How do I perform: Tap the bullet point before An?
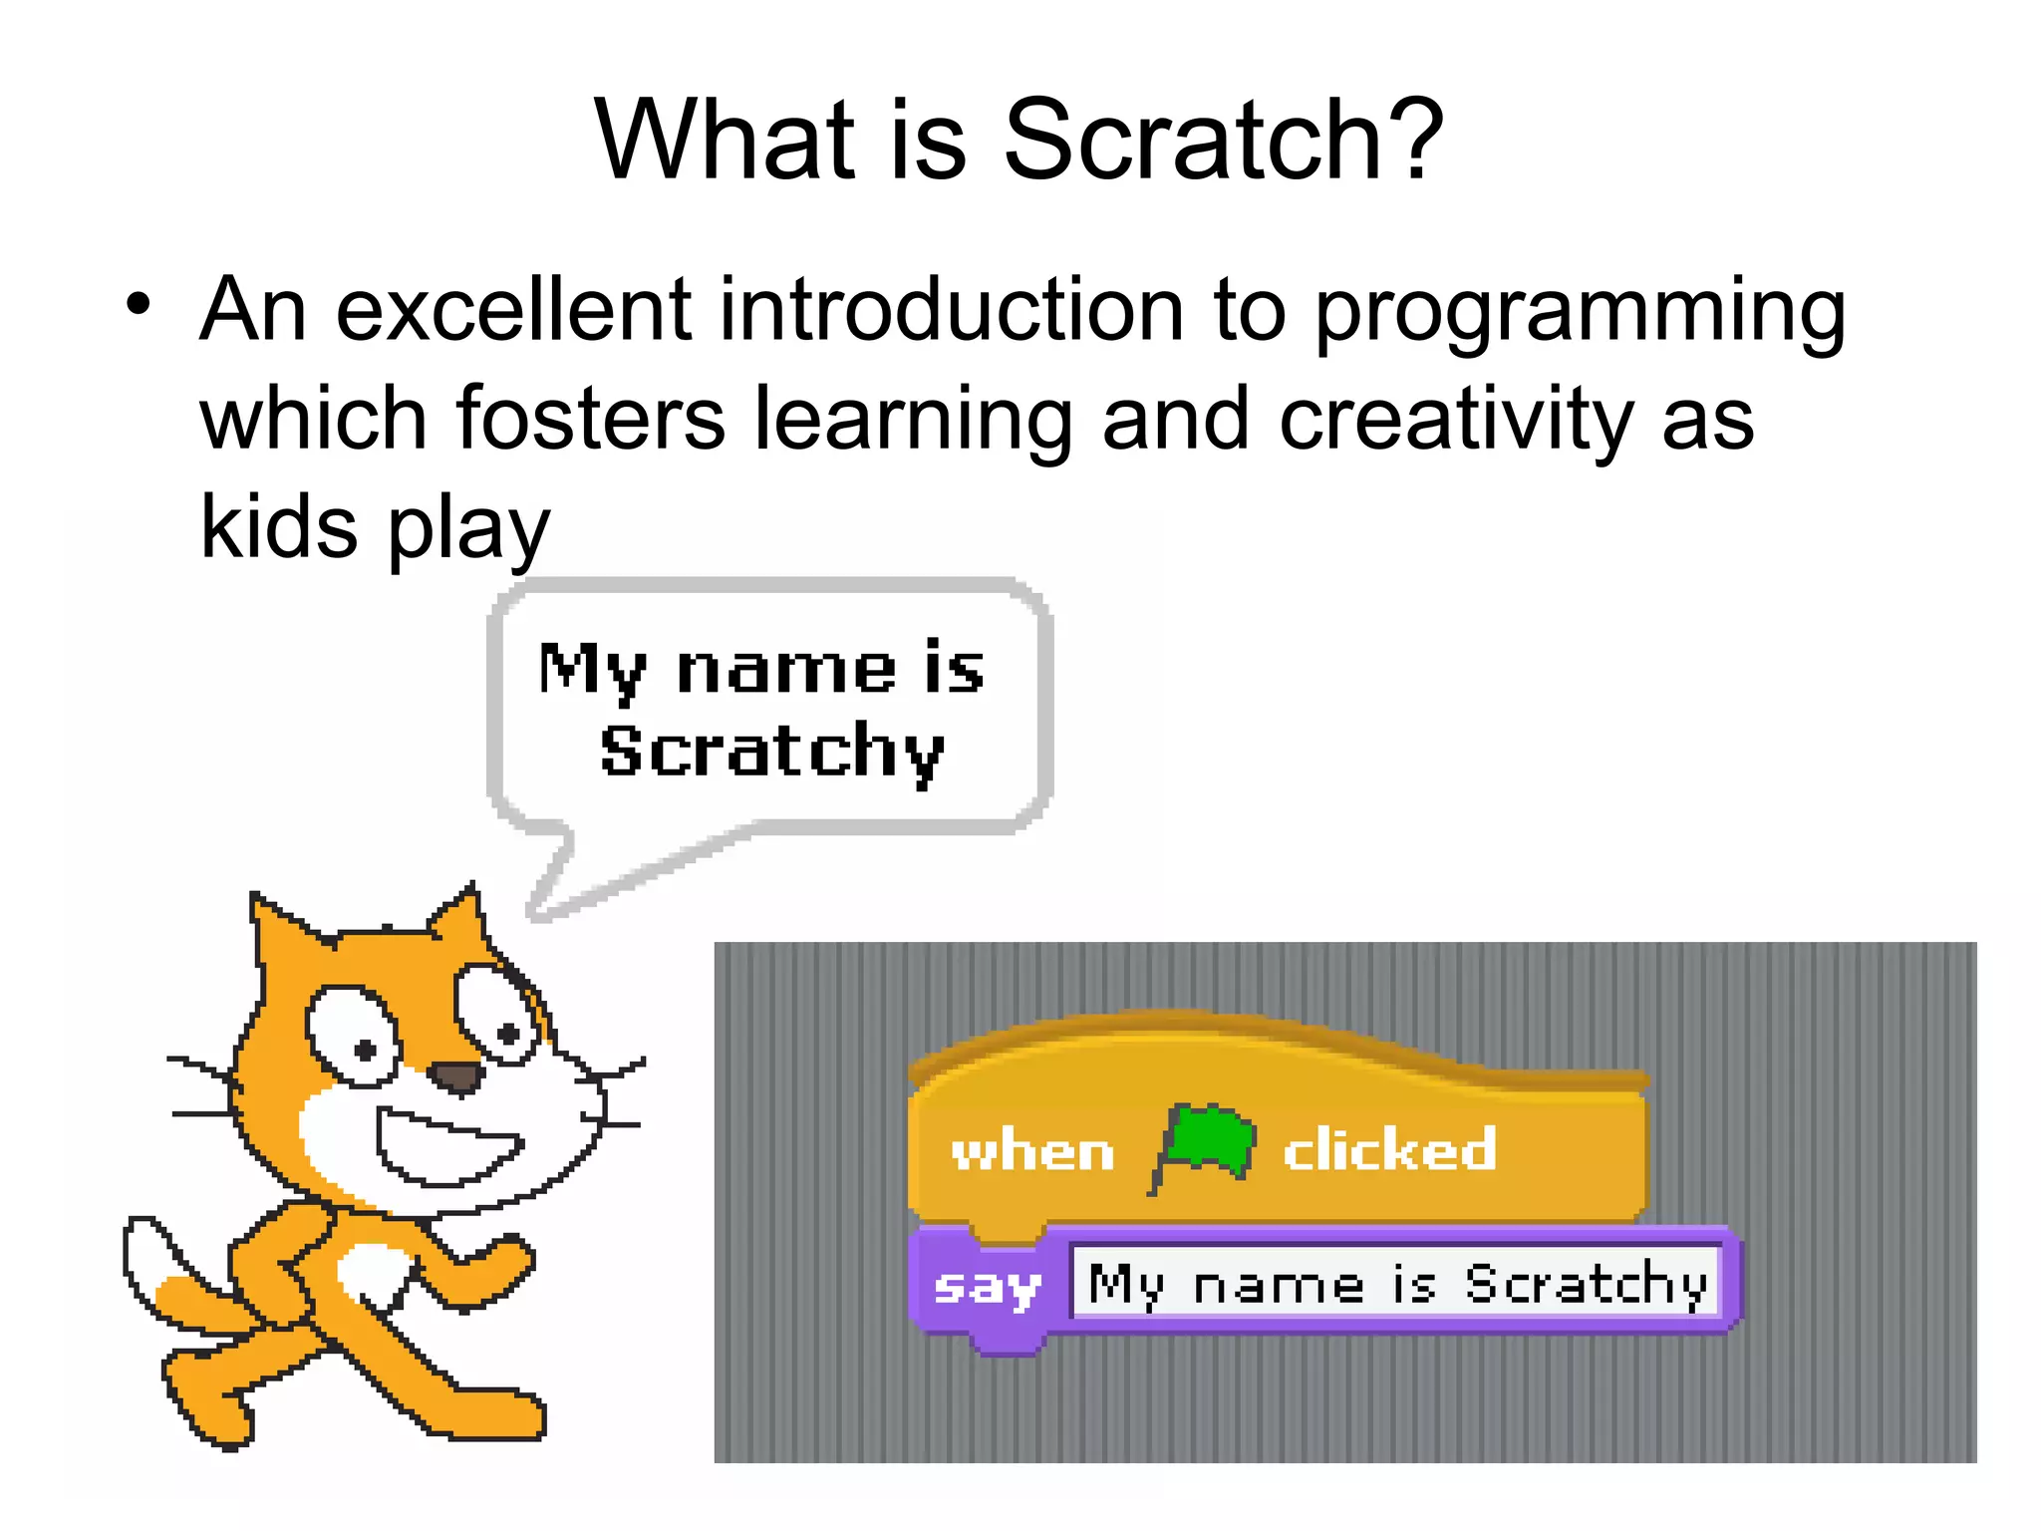(x=139, y=303)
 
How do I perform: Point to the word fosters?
(x=590, y=420)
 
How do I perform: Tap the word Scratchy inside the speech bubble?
(x=772, y=753)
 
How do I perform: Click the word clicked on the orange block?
(x=1389, y=1150)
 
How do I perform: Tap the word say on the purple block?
(x=987, y=1287)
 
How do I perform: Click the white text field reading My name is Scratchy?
(x=1395, y=1284)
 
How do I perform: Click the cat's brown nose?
(x=457, y=1076)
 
